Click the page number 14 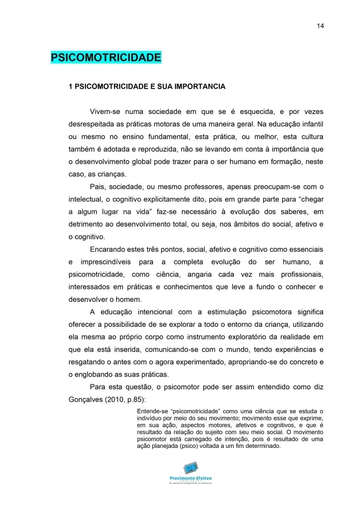[320, 26]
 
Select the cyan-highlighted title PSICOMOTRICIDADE [106, 57]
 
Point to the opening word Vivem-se [105, 111]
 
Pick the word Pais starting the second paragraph [97, 186]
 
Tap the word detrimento [87, 224]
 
